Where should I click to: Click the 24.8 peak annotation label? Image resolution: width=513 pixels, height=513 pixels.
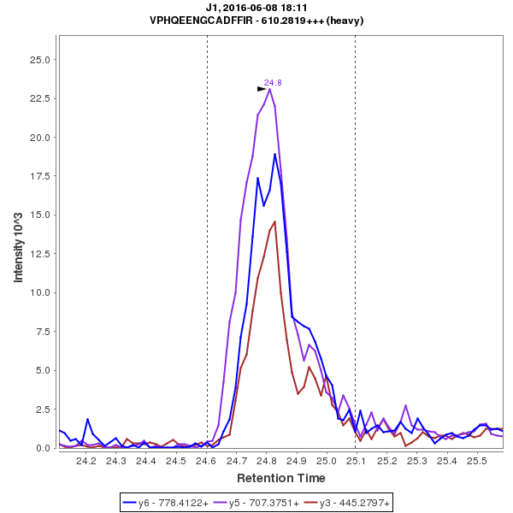point(273,82)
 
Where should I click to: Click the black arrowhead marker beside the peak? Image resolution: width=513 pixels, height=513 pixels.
point(262,88)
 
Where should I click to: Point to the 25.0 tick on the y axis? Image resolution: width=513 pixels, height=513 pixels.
point(38,59)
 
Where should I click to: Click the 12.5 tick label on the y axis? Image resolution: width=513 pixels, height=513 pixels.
point(38,254)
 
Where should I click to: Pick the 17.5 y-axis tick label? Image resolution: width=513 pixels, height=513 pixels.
point(38,176)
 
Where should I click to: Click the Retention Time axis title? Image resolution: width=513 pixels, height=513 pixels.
point(280,477)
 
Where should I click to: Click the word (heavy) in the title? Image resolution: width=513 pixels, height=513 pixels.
point(346,20)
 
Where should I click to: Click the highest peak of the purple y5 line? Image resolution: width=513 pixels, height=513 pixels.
point(269,89)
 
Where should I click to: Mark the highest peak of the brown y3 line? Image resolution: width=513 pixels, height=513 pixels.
point(274,221)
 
